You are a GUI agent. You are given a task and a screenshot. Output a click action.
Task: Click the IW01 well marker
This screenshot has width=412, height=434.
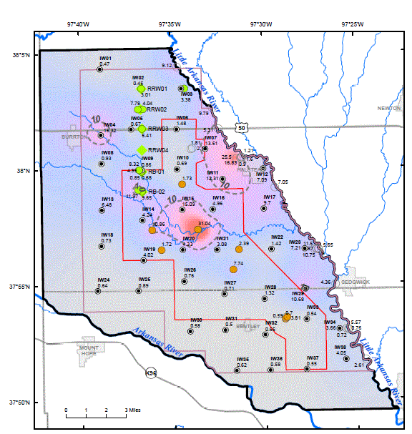tap(99, 69)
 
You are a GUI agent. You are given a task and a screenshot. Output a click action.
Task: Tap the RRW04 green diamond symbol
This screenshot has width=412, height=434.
tap(142, 150)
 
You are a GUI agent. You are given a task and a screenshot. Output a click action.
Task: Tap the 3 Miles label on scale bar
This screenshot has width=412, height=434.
tap(136, 410)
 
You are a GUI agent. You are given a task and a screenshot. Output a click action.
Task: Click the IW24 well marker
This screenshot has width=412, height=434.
tap(98, 291)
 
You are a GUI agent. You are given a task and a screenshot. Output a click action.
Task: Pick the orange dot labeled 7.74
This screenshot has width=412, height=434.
tap(234, 270)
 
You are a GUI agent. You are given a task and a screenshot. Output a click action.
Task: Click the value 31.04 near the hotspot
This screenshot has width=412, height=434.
tap(205, 224)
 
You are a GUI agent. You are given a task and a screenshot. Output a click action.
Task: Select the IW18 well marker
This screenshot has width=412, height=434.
tap(102, 246)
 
